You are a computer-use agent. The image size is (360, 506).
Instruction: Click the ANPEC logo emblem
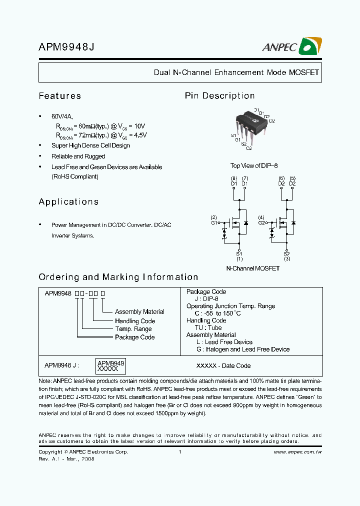(309, 47)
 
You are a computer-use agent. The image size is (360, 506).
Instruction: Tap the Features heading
(59, 96)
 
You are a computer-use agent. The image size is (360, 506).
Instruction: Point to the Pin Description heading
(219, 96)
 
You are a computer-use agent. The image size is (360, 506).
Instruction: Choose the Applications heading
(68, 202)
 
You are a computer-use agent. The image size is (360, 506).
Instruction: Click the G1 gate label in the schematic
(213, 223)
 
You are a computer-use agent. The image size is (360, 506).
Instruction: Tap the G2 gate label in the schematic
(261, 223)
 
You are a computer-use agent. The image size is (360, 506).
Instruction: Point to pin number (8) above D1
(233, 178)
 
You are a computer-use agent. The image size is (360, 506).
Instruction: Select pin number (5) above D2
(292, 178)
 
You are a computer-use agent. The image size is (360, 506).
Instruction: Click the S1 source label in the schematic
(239, 254)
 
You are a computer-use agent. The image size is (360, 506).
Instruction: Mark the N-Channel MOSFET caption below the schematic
(252, 268)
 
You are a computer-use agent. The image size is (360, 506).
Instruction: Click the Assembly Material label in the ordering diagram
(139, 312)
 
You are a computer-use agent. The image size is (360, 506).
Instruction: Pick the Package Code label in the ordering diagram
(134, 337)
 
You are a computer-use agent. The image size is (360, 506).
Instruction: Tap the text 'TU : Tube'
(207, 328)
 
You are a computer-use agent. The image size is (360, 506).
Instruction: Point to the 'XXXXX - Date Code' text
(223, 366)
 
